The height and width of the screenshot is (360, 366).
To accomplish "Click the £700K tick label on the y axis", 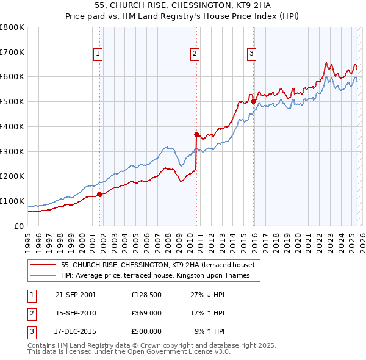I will point(12,52).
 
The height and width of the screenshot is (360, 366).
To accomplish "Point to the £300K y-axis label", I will point(12,151).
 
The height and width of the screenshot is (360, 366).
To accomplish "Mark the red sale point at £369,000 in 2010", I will point(196,134).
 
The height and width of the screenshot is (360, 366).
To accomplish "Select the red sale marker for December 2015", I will point(253,102).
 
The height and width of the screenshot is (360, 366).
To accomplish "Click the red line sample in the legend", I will point(43,265).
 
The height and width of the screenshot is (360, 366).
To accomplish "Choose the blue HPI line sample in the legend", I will point(43,275).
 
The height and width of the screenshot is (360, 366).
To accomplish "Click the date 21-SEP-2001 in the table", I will point(75,294).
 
